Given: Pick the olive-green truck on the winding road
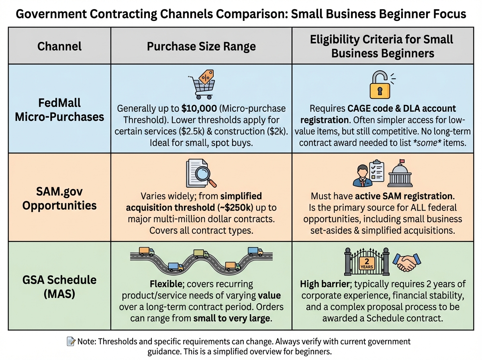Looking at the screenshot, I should tap(201, 254).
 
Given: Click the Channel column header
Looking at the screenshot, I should tap(59, 46).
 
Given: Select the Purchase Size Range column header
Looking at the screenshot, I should tap(201, 46).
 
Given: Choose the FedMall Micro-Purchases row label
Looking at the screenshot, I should tap(59, 109).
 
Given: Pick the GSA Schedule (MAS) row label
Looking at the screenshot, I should tap(59, 286).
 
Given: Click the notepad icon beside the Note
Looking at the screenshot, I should tap(71, 342).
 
